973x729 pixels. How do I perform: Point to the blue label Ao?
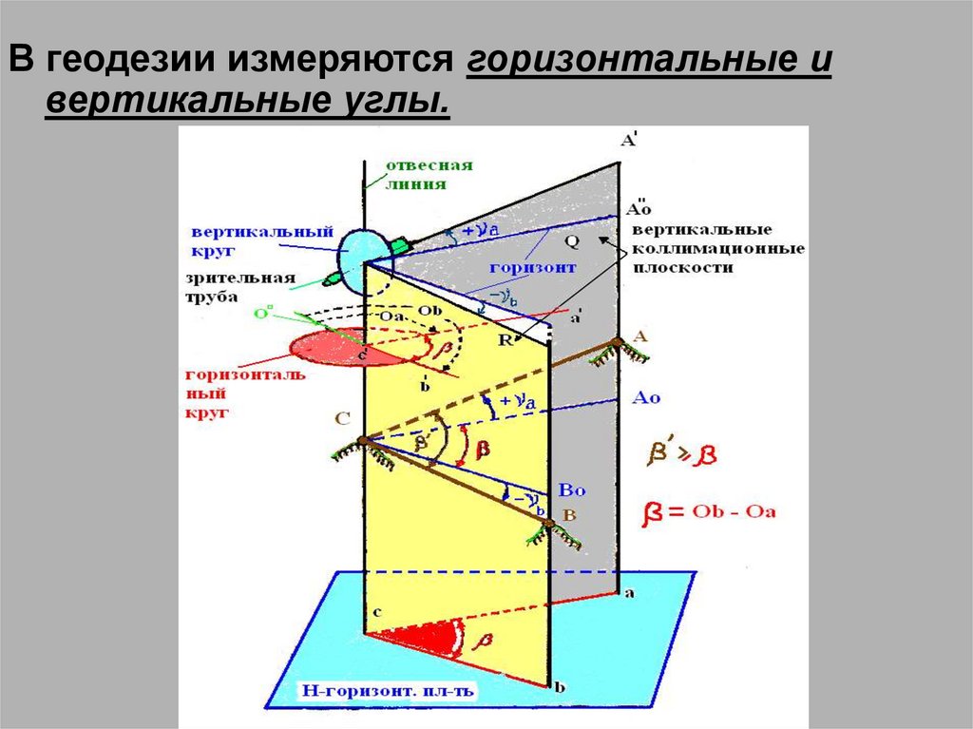click(x=646, y=398)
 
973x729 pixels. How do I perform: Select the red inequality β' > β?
click(x=681, y=454)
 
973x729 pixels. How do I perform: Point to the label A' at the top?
click(x=629, y=141)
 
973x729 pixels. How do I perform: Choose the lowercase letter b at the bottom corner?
click(x=560, y=686)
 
